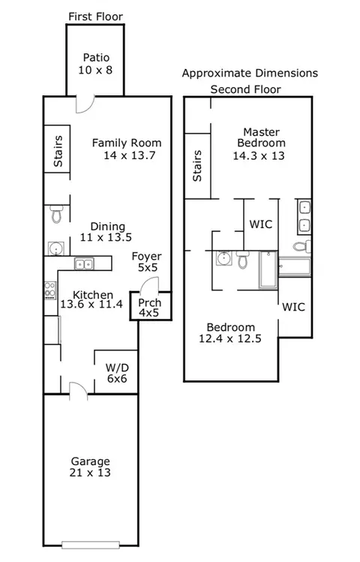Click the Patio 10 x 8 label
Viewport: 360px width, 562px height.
95,64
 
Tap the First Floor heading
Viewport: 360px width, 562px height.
96,17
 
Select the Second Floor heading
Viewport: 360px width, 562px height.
246,89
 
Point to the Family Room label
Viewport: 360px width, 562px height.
127,149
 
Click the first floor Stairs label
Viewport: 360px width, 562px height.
58,151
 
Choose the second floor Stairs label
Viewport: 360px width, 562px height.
197,166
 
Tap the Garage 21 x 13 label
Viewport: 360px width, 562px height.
90,467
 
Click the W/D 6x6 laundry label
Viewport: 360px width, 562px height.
117,373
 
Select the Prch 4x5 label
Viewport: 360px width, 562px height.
150,308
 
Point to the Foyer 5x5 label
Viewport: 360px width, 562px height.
147,262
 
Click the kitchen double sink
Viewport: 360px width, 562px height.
84,264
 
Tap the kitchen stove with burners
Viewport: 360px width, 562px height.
50,290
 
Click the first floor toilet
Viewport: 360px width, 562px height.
56,213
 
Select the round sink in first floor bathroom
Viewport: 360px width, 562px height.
56,248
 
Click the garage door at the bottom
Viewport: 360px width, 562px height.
91,545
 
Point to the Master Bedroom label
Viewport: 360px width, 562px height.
262,137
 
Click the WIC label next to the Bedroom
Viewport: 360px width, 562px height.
294,307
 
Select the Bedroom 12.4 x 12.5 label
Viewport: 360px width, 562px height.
230,332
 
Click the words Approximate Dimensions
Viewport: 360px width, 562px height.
250,73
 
